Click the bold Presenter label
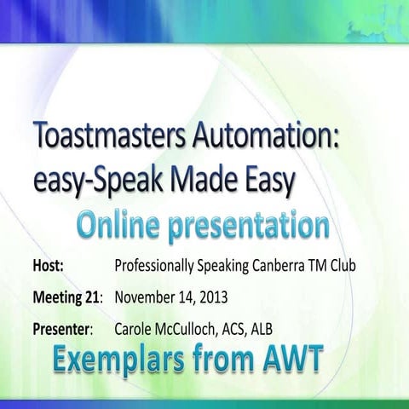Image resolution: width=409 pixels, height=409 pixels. (x=63, y=329)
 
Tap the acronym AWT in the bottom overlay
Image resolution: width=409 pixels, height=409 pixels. (x=287, y=360)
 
